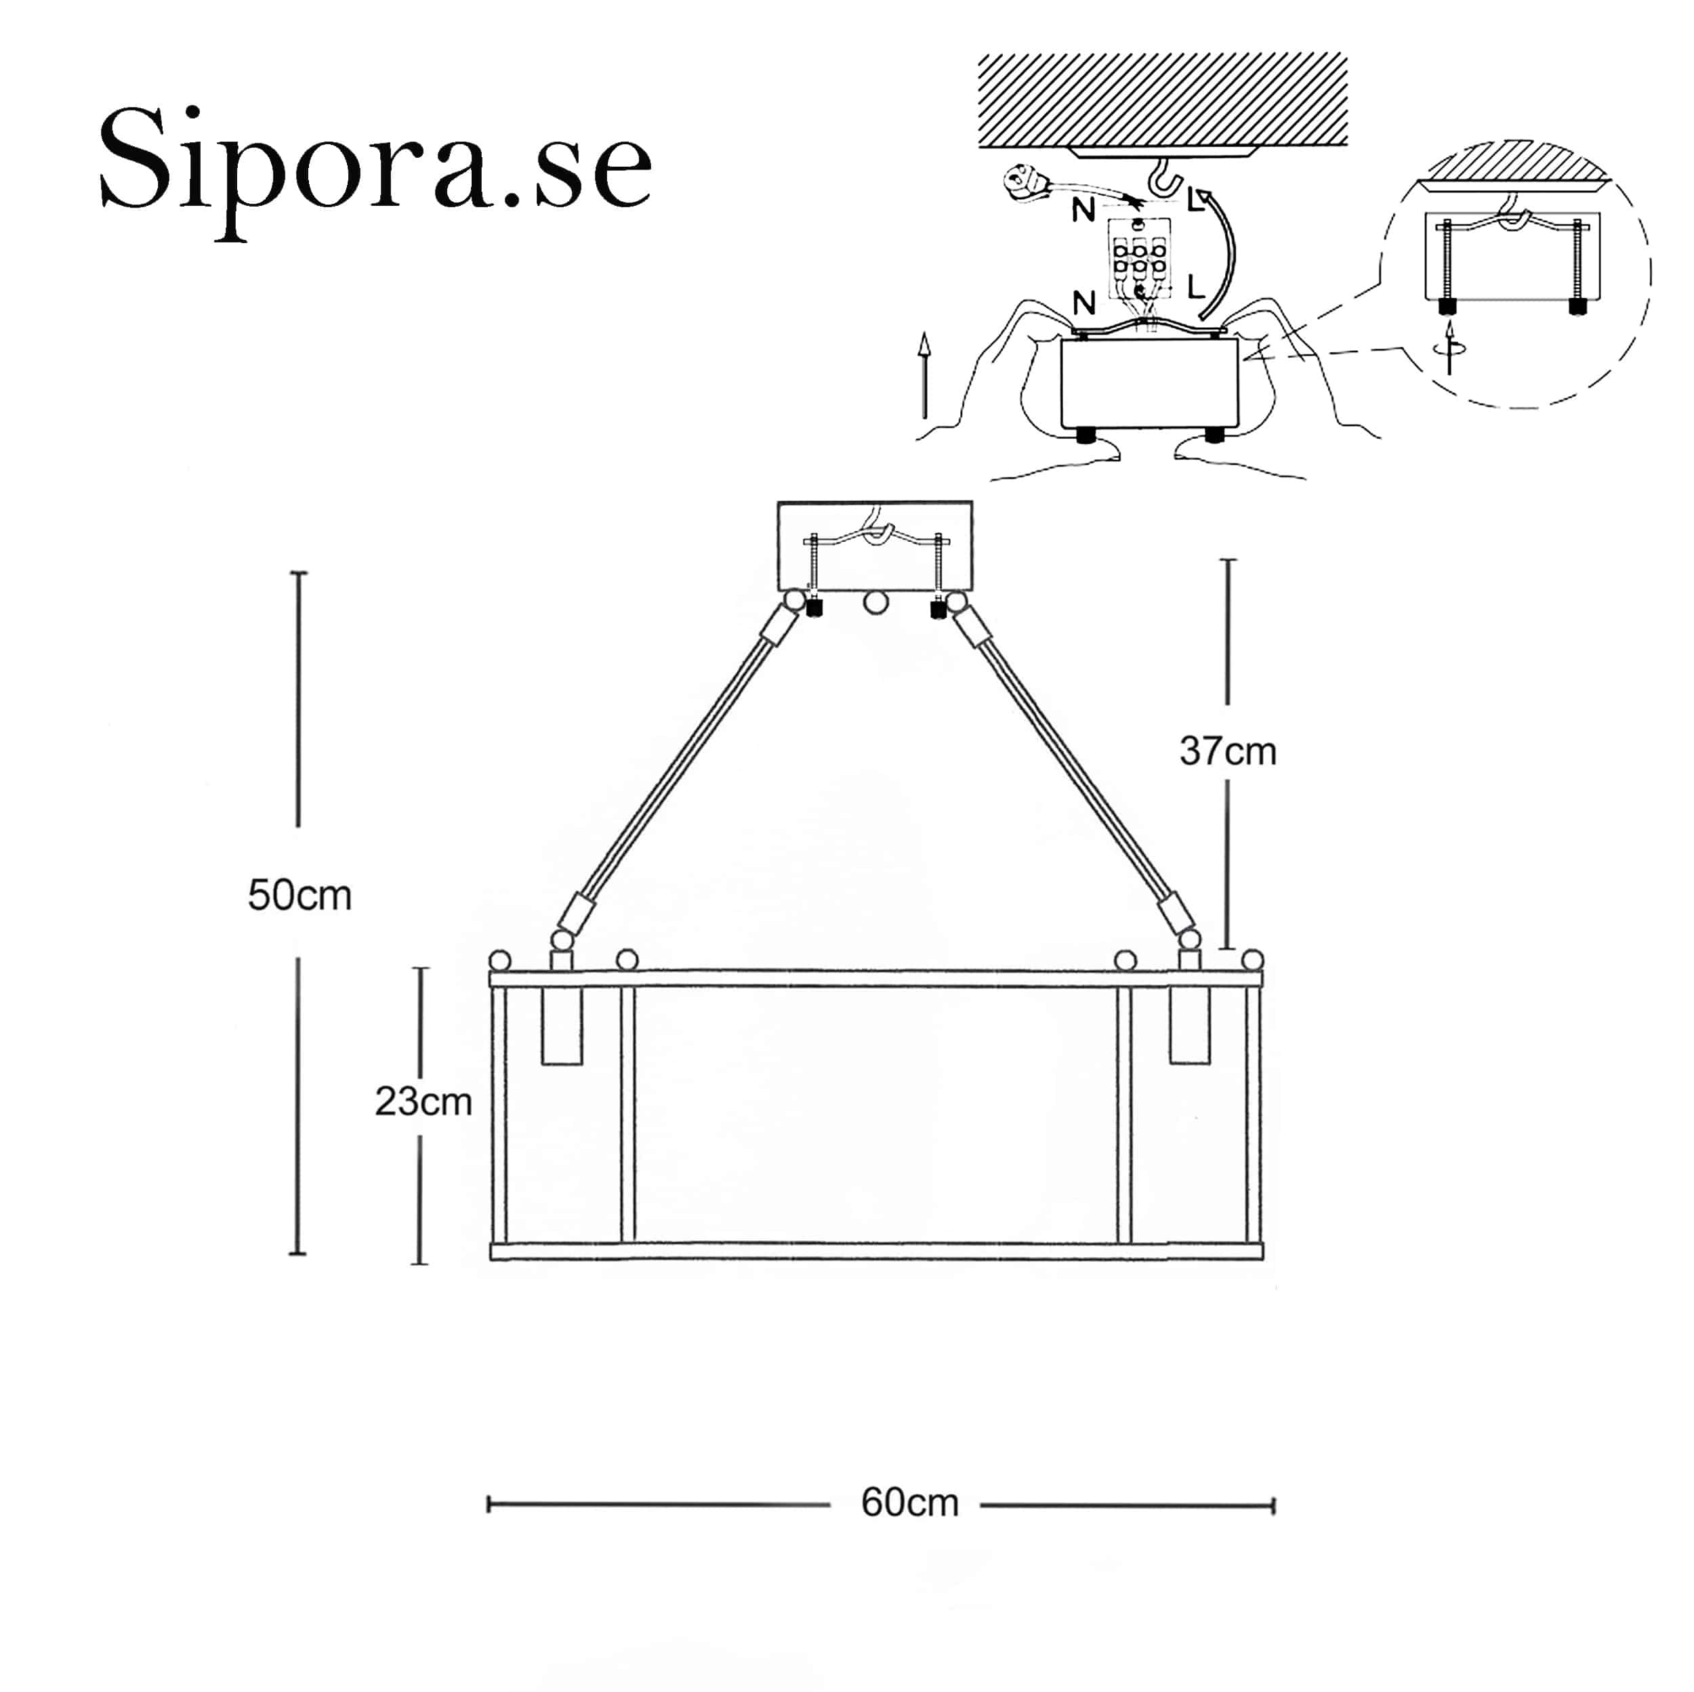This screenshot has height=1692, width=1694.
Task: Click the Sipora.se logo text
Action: [x=375, y=167]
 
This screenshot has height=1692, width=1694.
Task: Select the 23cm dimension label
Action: [x=423, y=1101]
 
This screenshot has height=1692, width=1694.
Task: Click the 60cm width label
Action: [x=909, y=1502]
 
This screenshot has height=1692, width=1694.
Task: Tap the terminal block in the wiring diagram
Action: [x=1138, y=259]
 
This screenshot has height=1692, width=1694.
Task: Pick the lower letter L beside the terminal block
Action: [x=1195, y=287]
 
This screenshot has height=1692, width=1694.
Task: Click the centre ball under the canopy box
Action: [x=875, y=603]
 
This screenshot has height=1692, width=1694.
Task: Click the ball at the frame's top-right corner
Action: [x=1253, y=959]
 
